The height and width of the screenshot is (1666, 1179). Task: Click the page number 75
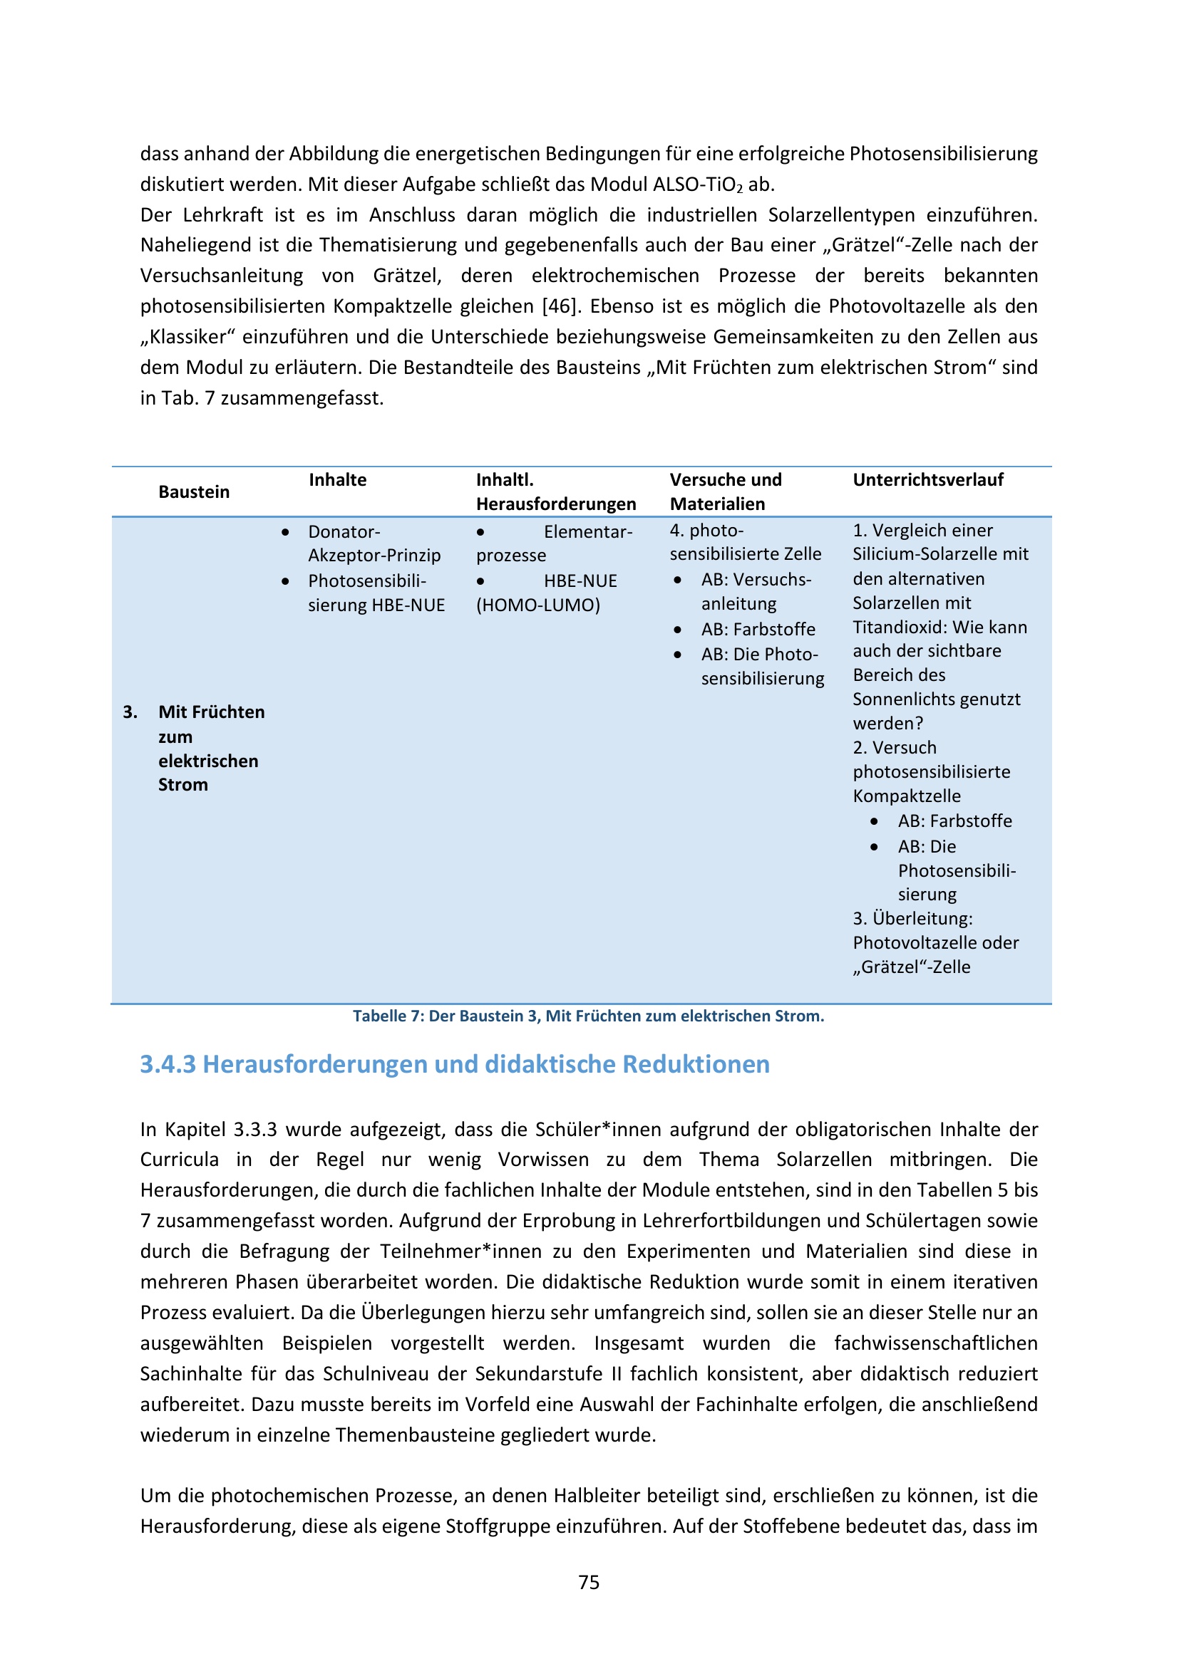pyautogui.click(x=589, y=1582)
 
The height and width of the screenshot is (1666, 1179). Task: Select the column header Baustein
pyautogui.click(x=194, y=492)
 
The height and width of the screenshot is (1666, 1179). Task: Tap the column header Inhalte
pyautogui.click(x=338, y=479)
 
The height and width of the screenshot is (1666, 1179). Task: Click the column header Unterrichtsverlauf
pyautogui.click(x=928, y=479)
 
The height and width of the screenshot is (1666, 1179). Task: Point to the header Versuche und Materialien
pyautogui.click(x=725, y=491)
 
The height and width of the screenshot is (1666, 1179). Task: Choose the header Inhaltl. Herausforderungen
pyautogui.click(x=555, y=491)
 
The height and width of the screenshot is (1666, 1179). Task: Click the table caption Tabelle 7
pyautogui.click(x=588, y=1016)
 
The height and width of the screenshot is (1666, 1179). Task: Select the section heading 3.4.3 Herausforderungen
pyautogui.click(x=455, y=1063)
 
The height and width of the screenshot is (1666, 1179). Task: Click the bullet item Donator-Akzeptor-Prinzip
pyautogui.click(x=374, y=543)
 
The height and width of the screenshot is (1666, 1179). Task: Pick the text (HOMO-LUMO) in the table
pyautogui.click(x=538, y=605)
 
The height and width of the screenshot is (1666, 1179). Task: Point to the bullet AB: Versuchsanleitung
pyautogui.click(x=755, y=591)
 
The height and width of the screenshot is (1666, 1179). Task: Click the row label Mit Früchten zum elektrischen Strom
pyautogui.click(x=210, y=748)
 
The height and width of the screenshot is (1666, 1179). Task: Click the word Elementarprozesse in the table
pyautogui.click(x=555, y=543)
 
